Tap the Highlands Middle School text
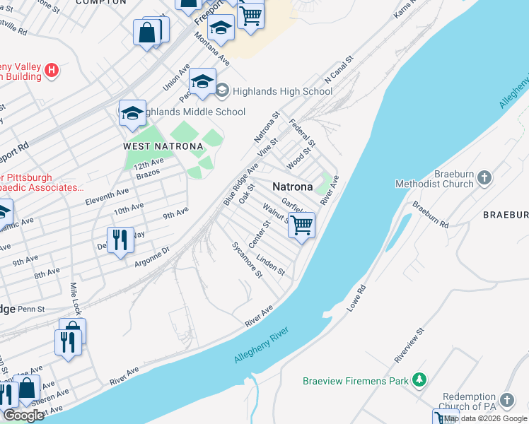point(192,112)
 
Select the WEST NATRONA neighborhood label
point(163,146)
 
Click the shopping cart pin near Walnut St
point(302,226)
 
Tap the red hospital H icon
point(51,70)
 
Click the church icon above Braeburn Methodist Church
point(484,177)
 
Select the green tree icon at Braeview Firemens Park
point(419,380)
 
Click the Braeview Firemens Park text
point(356,381)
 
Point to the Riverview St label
point(409,341)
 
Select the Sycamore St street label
point(248,259)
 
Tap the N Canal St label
point(338,69)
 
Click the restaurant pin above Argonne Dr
point(120,240)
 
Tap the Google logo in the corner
point(23,416)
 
